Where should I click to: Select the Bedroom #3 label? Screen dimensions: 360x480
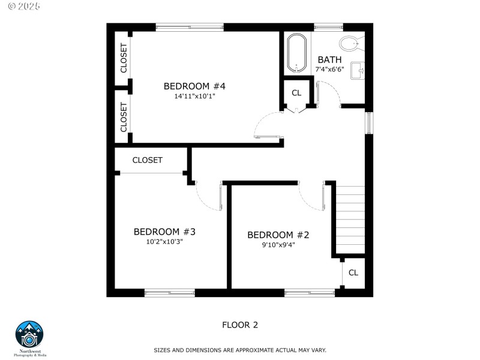coord(164,232)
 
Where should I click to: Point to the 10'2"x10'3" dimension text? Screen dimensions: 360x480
coord(164,242)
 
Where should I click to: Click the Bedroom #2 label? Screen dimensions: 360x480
coord(278,235)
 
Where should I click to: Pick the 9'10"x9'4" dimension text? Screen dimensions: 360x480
coord(278,244)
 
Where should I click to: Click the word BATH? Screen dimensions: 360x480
coord(329,59)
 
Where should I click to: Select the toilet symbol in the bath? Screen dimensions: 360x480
coord(349,43)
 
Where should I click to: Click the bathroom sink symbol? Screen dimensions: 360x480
coord(359,71)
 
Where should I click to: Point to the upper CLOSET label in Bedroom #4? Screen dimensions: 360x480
coord(124,58)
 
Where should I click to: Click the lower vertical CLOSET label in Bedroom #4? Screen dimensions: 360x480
coord(124,116)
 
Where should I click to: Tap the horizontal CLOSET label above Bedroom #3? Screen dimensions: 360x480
coord(147,160)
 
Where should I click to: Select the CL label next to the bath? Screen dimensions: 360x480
coord(296,93)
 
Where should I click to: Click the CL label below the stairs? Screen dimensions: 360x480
coord(353,272)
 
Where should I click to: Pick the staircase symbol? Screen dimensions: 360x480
coord(350,220)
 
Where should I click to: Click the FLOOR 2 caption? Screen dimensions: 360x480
coord(240,325)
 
